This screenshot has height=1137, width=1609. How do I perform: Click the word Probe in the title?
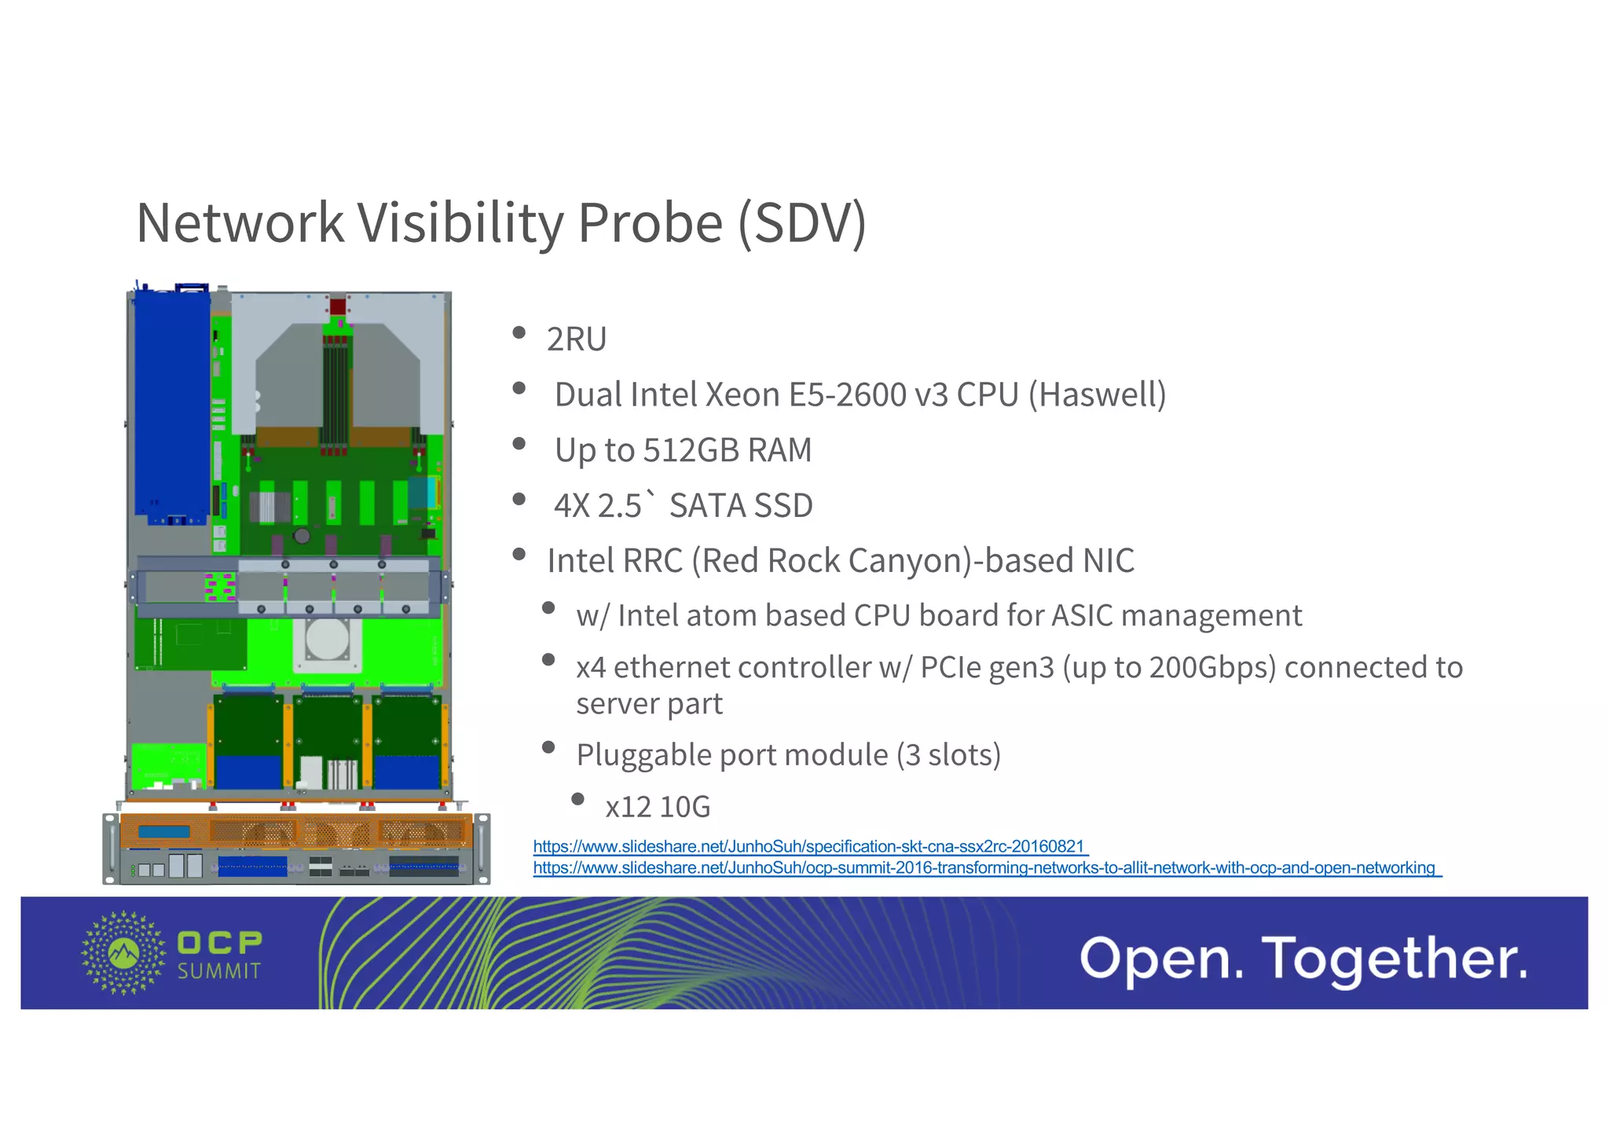650,223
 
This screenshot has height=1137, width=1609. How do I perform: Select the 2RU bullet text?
577,339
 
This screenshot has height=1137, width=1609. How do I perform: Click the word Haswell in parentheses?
1098,394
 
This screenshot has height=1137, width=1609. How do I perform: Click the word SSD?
780,505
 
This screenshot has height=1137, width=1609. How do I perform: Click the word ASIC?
1083,615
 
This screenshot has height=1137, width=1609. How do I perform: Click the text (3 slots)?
948,754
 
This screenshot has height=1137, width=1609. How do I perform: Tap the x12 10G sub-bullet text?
658,807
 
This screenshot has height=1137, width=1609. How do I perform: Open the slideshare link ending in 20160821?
809,846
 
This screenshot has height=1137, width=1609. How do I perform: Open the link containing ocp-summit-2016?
985,867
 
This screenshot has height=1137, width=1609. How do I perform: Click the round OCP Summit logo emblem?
123,952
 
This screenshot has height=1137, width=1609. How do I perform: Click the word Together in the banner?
1395,959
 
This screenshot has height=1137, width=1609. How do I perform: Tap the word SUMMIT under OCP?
219,971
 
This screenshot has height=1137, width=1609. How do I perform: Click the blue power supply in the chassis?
171,405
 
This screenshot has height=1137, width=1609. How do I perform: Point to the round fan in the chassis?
327,639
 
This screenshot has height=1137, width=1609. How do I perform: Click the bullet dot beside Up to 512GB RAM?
519,444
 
